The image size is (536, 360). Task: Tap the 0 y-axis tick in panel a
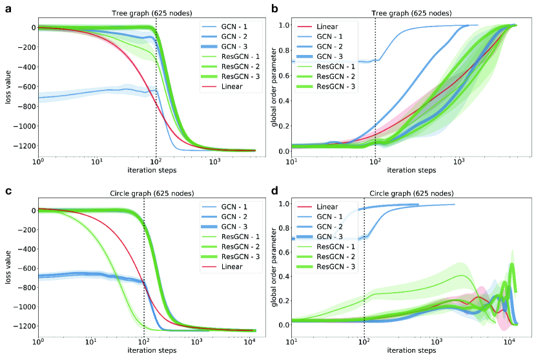(30, 28)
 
